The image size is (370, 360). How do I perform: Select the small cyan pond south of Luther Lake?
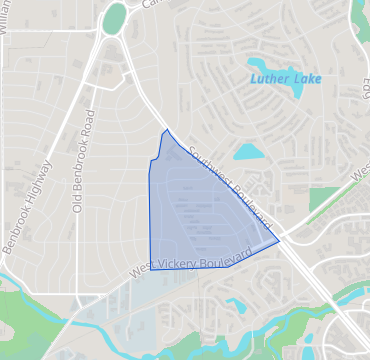pos(246,152)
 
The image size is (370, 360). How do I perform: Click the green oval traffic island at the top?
pos(115,17)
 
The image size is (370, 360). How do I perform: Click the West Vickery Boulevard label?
pos(189,264)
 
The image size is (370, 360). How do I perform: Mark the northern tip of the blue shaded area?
pos(166,130)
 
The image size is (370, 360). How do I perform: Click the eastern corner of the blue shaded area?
pos(278,241)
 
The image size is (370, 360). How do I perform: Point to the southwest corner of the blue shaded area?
pos(152,268)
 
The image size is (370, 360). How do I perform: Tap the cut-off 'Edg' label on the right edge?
pos(365,95)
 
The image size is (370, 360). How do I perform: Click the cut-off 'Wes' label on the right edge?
pos(360,180)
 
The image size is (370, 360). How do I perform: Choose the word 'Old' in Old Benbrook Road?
pos(76,201)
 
